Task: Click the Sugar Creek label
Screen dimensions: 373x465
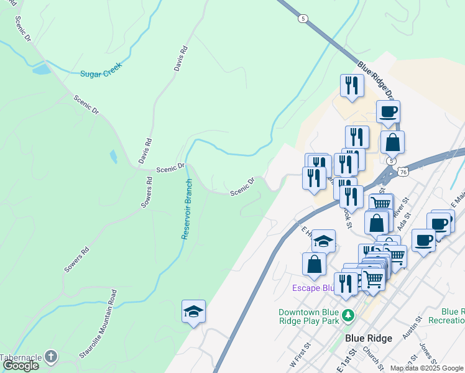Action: pos(101,70)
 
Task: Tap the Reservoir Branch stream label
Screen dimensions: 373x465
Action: pos(186,210)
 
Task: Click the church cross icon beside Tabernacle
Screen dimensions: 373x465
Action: pos(51,357)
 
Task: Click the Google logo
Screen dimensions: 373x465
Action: pos(21,366)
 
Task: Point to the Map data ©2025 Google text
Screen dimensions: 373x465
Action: pos(426,368)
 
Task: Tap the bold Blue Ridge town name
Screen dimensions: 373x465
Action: pos(369,338)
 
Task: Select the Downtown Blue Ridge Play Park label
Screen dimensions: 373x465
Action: pos(308,316)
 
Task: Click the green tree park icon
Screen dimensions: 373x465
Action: pos(349,315)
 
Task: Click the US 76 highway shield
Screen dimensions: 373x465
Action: pos(404,172)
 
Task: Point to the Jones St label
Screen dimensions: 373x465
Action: pos(427,351)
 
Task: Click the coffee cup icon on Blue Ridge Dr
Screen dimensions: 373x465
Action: pos(388,112)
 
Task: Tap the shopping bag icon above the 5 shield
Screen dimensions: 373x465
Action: pos(392,142)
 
